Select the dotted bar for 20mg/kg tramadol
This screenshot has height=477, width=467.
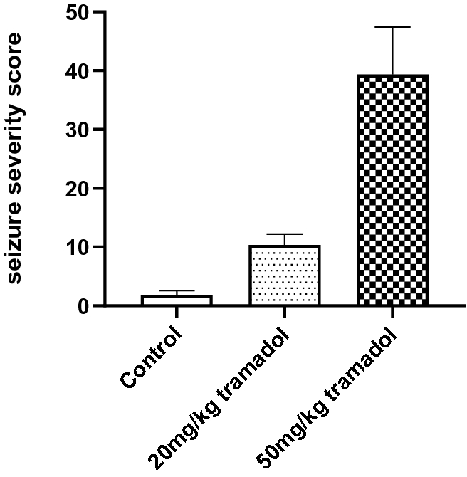click(x=284, y=276)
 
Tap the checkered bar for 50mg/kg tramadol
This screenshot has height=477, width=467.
click(x=392, y=190)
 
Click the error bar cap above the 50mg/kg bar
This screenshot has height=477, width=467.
click(x=392, y=26)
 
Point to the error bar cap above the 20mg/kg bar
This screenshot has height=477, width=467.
click(x=284, y=234)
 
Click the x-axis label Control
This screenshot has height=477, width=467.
click(x=151, y=359)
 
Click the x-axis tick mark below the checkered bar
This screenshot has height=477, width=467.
click(x=392, y=311)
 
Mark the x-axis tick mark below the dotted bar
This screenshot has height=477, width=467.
click(x=284, y=311)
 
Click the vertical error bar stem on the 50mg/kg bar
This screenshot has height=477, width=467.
click(x=392, y=50)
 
